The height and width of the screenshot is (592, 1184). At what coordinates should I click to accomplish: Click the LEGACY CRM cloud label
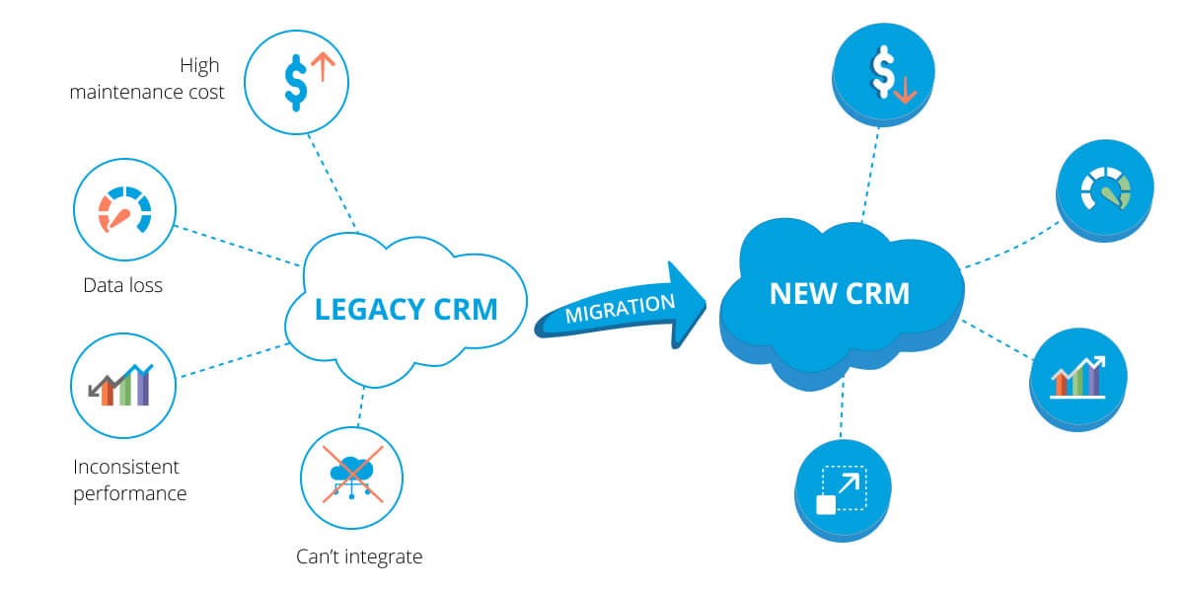tap(406, 309)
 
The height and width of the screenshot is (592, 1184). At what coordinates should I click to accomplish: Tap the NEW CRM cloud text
tap(839, 293)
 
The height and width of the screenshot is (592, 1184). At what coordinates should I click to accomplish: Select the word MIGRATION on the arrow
tap(621, 308)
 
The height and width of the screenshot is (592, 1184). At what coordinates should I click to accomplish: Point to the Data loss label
tap(122, 286)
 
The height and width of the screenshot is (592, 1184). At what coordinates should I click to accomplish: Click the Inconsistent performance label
tap(129, 479)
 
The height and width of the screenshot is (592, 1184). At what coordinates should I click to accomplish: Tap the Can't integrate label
tap(359, 556)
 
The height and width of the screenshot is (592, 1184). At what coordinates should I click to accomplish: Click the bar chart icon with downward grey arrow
tap(123, 384)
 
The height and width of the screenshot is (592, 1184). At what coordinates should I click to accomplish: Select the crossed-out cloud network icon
tap(350, 478)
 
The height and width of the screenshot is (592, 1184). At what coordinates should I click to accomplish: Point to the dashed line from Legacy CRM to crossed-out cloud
tap(361, 405)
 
